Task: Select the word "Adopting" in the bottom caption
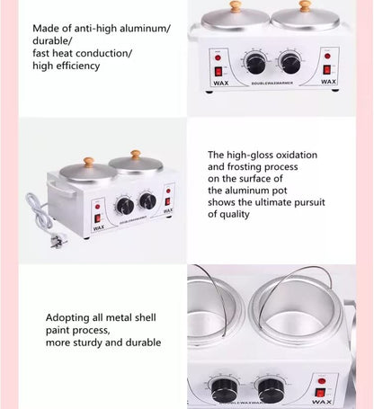tap(69, 318)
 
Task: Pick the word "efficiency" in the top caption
tap(77, 66)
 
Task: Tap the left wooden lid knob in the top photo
tap(236, 6)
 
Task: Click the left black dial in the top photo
tap(254, 62)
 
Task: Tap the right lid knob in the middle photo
tap(136, 155)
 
